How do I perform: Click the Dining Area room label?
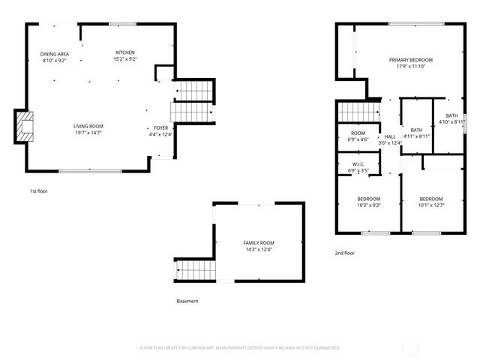click(x=54, y=54)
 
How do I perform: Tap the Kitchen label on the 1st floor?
click(x=125, y=52)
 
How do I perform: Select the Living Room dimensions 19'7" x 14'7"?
click(x=88, y=133)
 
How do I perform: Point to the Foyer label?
click(x=160, y=128)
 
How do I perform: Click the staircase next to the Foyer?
click(x=193, y=103)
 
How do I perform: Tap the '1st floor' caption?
click(x=38, y=192)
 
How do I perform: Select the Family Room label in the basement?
click(x=259, y=243)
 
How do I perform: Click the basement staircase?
click(x=194, y=268)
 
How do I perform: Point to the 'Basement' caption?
click(x=187, y=301)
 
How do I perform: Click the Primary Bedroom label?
click(x=410, y=60)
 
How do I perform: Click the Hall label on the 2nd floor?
click(x=390, y=136)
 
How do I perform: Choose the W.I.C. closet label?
click(x=357, y=164)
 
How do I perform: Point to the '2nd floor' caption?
click(x=345, y=253)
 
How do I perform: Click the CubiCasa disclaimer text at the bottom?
click(x=240, y=348)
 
